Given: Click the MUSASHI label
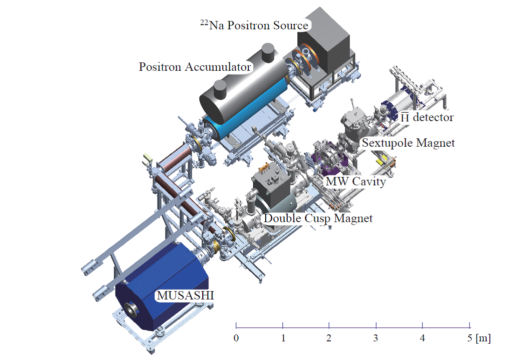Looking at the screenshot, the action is point(186,295).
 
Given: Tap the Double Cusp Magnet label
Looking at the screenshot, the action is point(318,218).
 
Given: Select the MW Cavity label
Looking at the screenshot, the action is point(356,182).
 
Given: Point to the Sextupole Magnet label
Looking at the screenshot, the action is point(408,143).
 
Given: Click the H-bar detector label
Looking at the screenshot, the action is point(427,117).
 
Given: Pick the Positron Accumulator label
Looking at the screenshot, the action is point(195,67).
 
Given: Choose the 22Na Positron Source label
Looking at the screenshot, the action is point(254,25).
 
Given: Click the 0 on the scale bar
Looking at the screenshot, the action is point(236,338).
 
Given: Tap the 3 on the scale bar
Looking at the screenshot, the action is point(376,338).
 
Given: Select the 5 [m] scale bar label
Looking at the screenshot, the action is point(479,338).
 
